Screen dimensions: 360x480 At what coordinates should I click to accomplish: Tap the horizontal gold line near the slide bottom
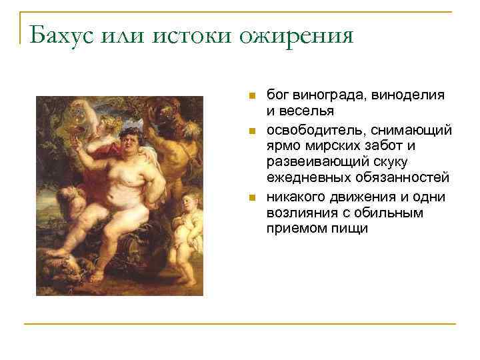click(x=240, y=324)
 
